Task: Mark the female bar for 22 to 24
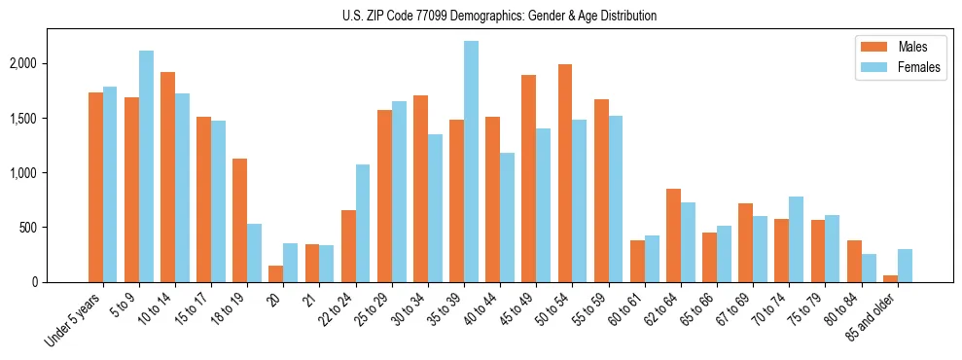(363, 224)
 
